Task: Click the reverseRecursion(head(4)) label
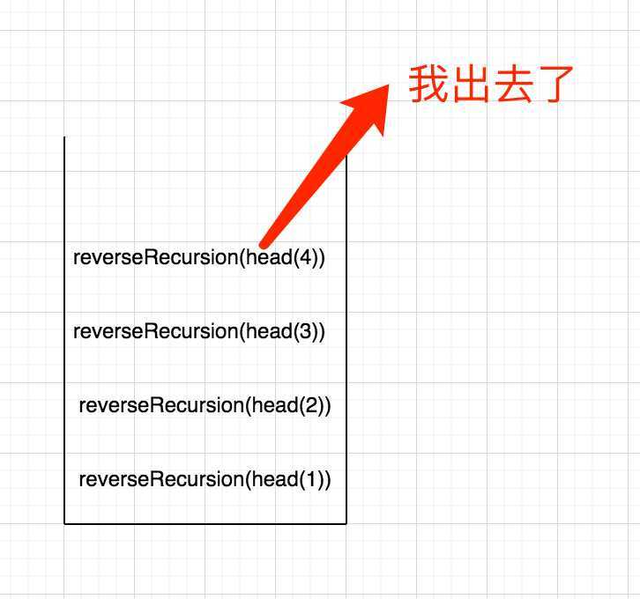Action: coord(199,258)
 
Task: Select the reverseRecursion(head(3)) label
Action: coord(199,331)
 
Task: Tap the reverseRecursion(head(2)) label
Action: coord(205,405)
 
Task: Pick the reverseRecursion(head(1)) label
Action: coord(205,479)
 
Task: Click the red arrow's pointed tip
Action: coord(389,85)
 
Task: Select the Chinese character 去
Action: coord(513,84)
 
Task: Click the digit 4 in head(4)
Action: coord(306,258)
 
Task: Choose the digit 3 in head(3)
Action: coord(306,331)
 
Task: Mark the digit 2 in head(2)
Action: coord(311,405)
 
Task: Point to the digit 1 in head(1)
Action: coord(311,479)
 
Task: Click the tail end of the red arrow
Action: coord(264,244)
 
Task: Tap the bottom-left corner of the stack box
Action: coord(64,523)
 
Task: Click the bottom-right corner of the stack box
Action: coord(346,523)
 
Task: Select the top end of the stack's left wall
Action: coord(64,137)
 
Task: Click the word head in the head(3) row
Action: coord(270,331)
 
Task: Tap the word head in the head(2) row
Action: coord(275,405)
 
